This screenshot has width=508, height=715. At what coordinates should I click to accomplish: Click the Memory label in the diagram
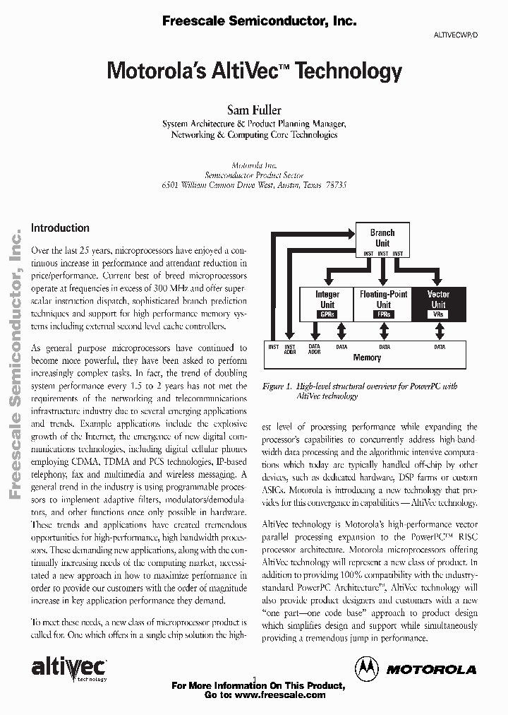point(367,358)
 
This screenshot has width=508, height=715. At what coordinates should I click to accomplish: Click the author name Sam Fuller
point(254,110)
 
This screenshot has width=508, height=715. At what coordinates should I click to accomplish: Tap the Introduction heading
point(60,228)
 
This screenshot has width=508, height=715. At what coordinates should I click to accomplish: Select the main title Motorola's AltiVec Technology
point(254,71)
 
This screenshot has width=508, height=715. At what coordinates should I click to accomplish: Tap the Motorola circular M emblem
point(366,668)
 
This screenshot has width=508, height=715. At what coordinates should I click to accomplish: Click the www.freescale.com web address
point(279,695)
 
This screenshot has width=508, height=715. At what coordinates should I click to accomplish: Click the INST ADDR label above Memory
point(290,348)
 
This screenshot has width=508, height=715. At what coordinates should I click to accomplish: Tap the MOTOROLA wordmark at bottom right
point(431,669)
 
